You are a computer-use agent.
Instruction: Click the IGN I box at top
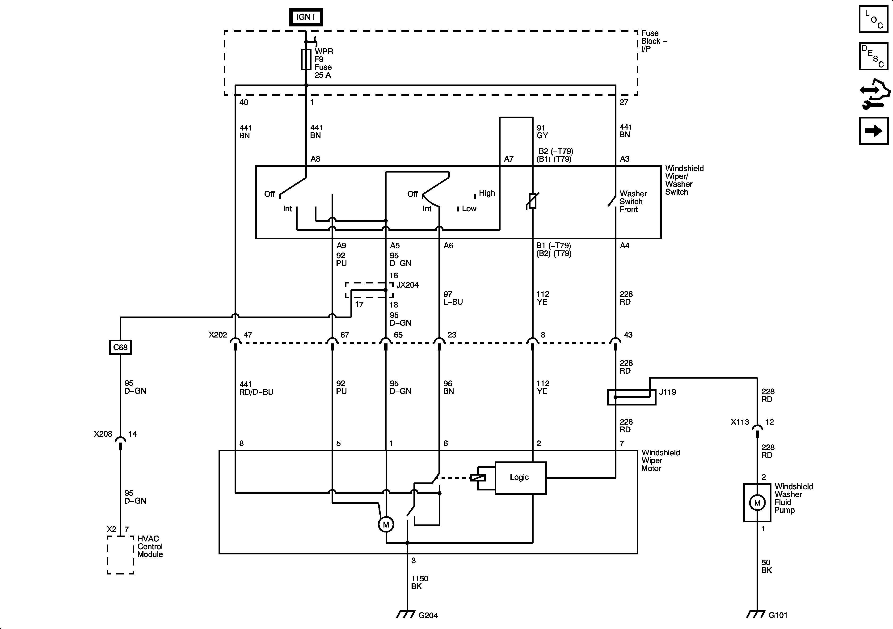coord(306,17)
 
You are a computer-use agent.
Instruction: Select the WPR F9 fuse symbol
coord(306,59)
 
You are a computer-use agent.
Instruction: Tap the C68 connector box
coord(120,347)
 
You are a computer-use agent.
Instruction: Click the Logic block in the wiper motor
coord(520,478)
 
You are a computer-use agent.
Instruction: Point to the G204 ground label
coord(428,615)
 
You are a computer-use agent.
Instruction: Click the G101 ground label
coord(778,615)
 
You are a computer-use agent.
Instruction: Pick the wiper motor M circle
coord(386,525)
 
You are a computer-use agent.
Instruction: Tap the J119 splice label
coord(667,392)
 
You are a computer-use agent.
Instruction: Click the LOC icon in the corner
coord(873,19)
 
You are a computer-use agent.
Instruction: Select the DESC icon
coord(873,56)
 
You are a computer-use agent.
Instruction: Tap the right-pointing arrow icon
coord(873,131)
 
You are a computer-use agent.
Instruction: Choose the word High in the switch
coord(487,193)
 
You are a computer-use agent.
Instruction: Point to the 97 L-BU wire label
coord(453,298)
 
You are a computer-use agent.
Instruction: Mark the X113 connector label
coord(740,422)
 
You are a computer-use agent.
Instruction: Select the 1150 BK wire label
coord(419,582)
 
